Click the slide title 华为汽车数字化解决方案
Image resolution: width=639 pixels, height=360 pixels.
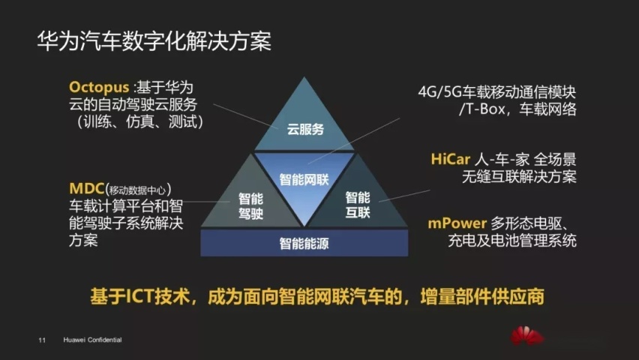[x=154, y=41]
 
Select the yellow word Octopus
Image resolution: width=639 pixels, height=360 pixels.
[x=99, y=88]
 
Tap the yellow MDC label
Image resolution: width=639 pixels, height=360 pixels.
[x=87, y=189]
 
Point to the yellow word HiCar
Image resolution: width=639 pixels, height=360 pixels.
[x=450, y=159]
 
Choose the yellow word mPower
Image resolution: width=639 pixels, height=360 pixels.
[x=457, y=223]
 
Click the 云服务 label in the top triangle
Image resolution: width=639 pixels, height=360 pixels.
[x=305, y=129]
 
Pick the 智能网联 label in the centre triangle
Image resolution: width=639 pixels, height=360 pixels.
[x=304, y=179]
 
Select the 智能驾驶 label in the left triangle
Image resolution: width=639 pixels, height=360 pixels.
[x=250, y=206]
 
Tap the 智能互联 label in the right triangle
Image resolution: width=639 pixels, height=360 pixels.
[x=358, y=205]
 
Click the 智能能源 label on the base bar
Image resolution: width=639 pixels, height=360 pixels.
[x=304, y=244]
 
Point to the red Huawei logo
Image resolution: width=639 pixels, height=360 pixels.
[x=526, y=335]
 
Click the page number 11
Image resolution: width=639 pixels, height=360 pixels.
[x=42, y=340]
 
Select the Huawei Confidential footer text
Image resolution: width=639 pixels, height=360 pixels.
[x=92, y=340]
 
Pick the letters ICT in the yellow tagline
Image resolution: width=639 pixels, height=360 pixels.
[x=139, y=296]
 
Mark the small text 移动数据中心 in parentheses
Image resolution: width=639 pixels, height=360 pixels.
[x=137, y=190]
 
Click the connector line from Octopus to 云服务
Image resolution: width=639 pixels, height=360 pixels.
[x=246, y=116]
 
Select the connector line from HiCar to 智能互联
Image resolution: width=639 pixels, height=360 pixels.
[x=404, y=196]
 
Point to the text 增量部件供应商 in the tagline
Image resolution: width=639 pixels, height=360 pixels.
[x=482, y=296]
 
